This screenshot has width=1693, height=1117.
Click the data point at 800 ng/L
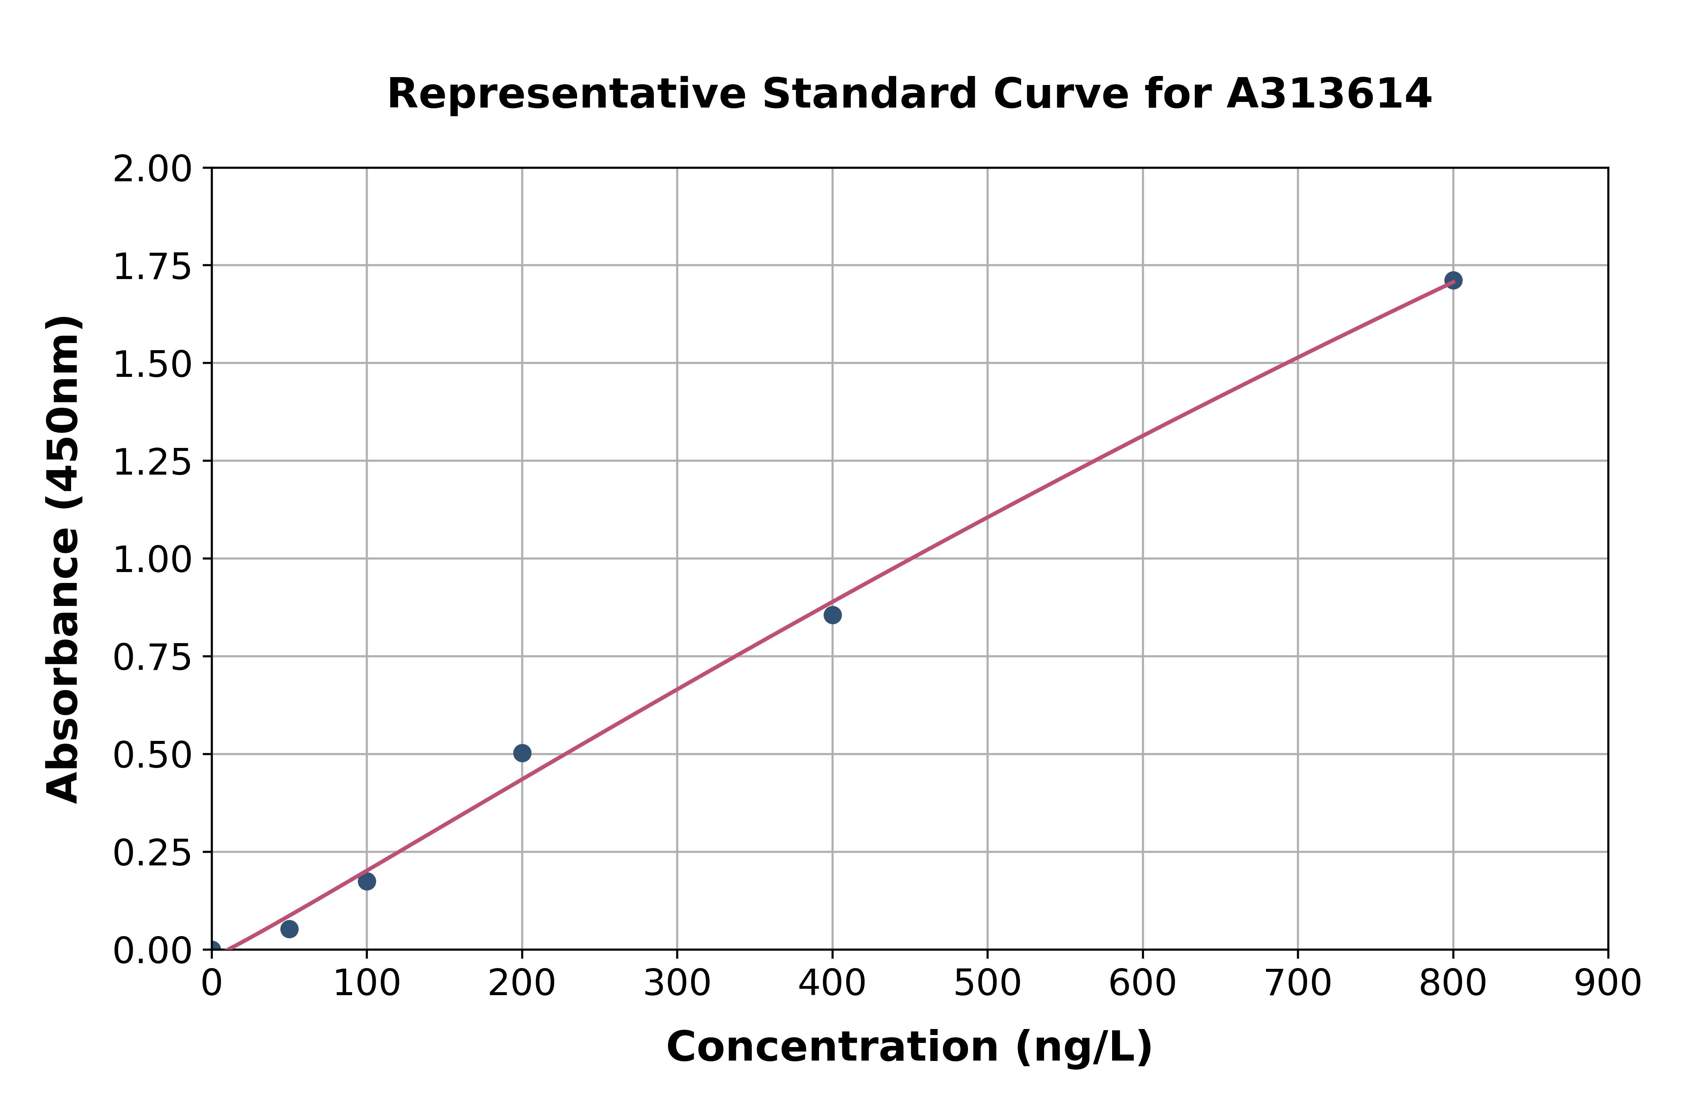[1453, 280]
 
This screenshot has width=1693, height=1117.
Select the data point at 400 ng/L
[832, 615]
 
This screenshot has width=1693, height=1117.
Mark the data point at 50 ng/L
[289, 929]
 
